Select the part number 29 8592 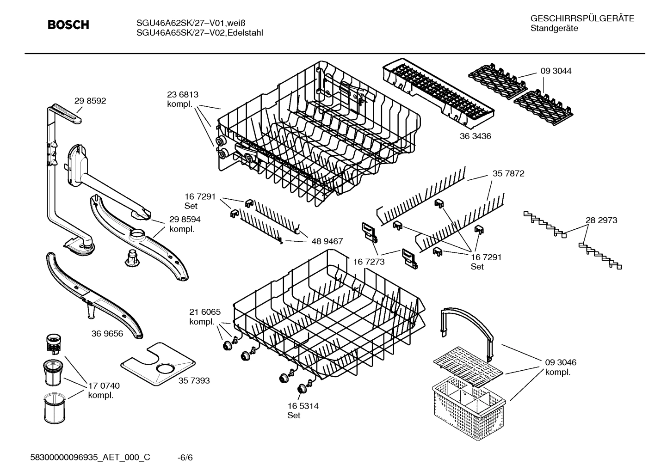point(90,101)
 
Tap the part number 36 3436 point(475,136)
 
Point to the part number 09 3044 point(556,71)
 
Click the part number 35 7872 point(508,174)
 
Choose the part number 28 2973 point(601,220)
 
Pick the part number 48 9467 point(327,241)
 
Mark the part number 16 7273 point(369,262)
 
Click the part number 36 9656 point(107,333)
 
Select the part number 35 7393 point(194,380)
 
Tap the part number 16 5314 point(303,406)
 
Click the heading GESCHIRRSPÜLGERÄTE point(582,18)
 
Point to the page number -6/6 point(185,458)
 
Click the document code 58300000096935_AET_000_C point(90,458)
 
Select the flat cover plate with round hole point(157,365)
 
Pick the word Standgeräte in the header point(554,29)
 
